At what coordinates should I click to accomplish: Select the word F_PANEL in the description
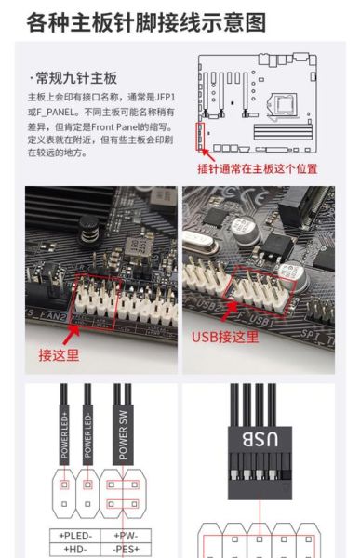(x=57, y=112)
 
